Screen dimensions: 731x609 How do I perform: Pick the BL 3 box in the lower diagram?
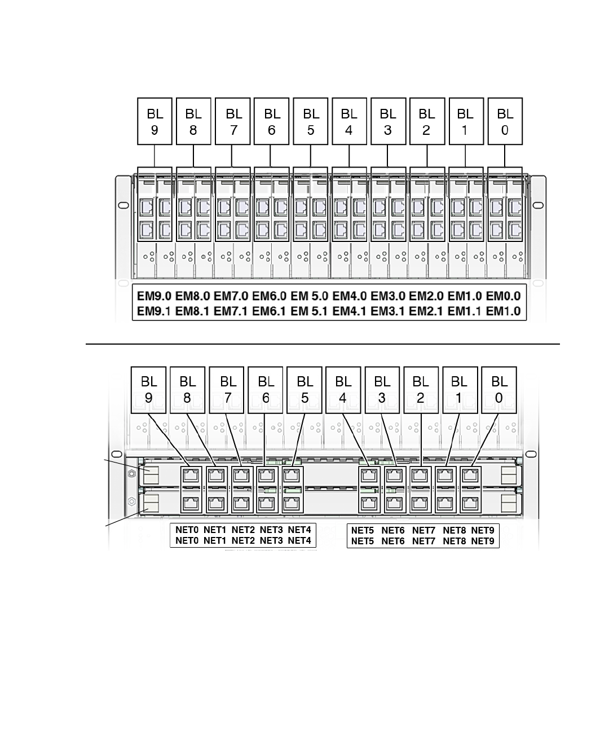(382, 390)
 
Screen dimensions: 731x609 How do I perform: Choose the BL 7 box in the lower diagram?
(227, 390)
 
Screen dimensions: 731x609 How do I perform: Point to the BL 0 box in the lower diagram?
(499, 390)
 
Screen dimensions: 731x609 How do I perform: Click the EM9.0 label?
(155, 296)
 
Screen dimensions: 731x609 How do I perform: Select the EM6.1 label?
(270, 311)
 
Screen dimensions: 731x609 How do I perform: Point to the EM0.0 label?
(503, 296)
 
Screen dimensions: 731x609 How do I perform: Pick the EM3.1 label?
(387, 311)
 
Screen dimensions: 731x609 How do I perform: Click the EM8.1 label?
(193, 311)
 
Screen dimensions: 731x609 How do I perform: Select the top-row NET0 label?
(187, 530)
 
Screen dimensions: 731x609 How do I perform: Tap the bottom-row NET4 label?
(299, 540)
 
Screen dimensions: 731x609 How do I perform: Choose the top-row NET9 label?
(483, 530)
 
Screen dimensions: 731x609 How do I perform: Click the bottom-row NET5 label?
(363, 540)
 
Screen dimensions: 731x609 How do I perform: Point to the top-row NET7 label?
(423, 530)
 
